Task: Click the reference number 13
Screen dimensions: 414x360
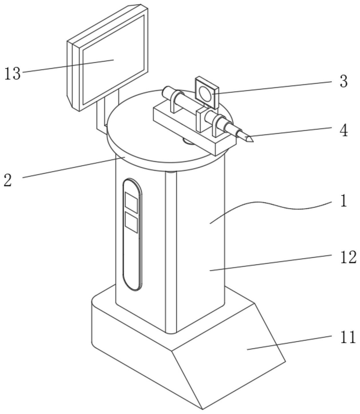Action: tap(13, 73)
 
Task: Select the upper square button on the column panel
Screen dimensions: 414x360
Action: tap(131, 202)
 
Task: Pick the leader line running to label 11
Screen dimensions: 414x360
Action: tap(289, 343)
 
